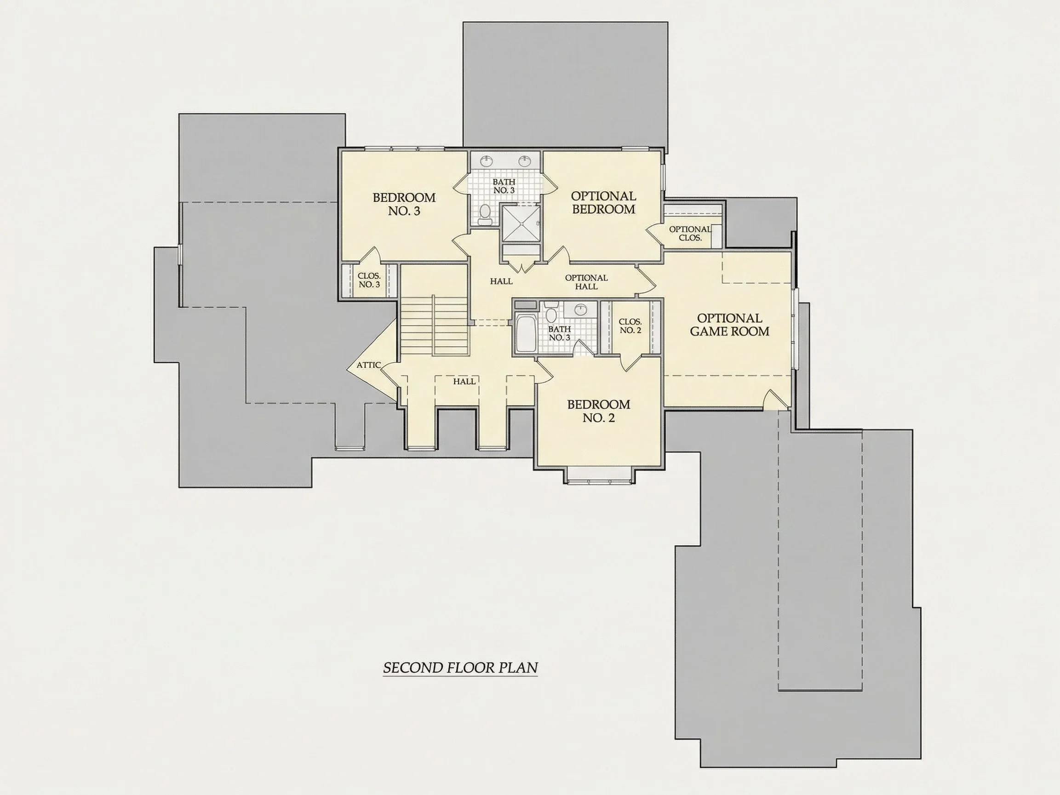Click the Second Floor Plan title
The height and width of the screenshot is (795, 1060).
pyautogui.click(x=460, y=668)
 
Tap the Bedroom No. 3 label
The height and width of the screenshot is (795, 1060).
pyautogui.click(x=404, y=204)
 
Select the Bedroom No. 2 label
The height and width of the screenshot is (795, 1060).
pyautogui.click(x=599, y=411)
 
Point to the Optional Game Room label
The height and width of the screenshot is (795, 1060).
pyautogui.click(x=729, y=325)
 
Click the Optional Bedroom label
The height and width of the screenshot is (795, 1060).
pyautogui.click(x=603, y=202)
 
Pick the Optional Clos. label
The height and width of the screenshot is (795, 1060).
pyautogui.click(x=690, y=234)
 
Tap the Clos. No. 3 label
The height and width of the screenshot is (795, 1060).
pyautogui.click(x=369, y=280)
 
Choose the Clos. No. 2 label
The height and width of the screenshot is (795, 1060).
pyautogui.click(x=630, y=326)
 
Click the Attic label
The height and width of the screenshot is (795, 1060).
pyautogui.click(x=368, y=365)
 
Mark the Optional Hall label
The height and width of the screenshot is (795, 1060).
pyautogui.click(x=586, y=282)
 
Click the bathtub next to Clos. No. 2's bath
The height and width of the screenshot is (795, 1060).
pyautogui.click(x=526, y=333)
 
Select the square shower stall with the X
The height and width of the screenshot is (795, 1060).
pyautogui.click(x=521, y=223)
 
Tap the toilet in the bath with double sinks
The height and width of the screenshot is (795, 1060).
pyautogui.click(x=485, y=215)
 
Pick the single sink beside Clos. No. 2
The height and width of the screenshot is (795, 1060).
pyautogui.click(x=581, y=309)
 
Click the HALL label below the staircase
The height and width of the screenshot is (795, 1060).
pyautogui.click(x=464, y=382)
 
